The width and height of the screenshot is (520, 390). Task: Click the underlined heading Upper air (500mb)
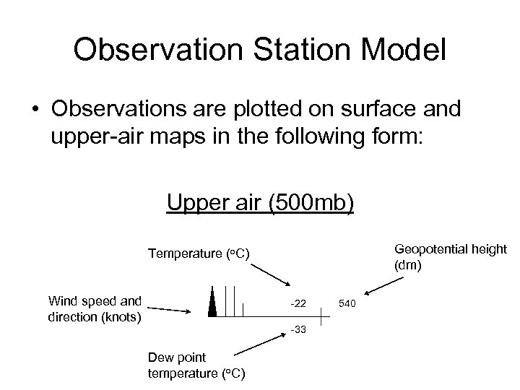click(x=260, y=203)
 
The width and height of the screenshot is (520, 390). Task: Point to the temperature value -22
click(x=298, y=303)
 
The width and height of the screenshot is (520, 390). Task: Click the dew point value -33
click(x=298, y=330)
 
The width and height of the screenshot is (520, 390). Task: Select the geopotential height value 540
click(x=347, y=303)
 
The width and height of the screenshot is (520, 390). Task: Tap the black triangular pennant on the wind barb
click(x=212, y=302)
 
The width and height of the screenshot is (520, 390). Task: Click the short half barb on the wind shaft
click(x=243, y=310)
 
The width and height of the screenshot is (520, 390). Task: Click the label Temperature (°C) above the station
click(x=199, y=253)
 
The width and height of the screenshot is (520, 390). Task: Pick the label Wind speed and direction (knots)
click(x=95, y=308)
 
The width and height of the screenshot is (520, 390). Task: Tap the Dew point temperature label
click(x=196, y=365)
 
